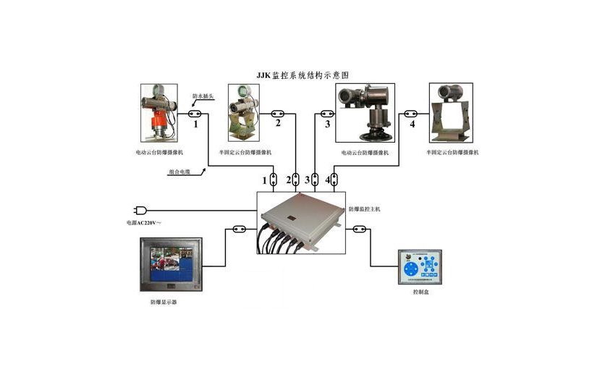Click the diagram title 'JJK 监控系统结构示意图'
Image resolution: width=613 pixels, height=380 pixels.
tap(303, 75)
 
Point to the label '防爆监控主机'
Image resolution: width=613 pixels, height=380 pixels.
tap(364, 208)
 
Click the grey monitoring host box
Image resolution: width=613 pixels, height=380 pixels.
tap(301, 221)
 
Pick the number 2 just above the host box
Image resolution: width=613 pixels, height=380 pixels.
tap(289, 179)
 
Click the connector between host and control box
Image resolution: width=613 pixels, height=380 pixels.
tap(359, 230)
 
